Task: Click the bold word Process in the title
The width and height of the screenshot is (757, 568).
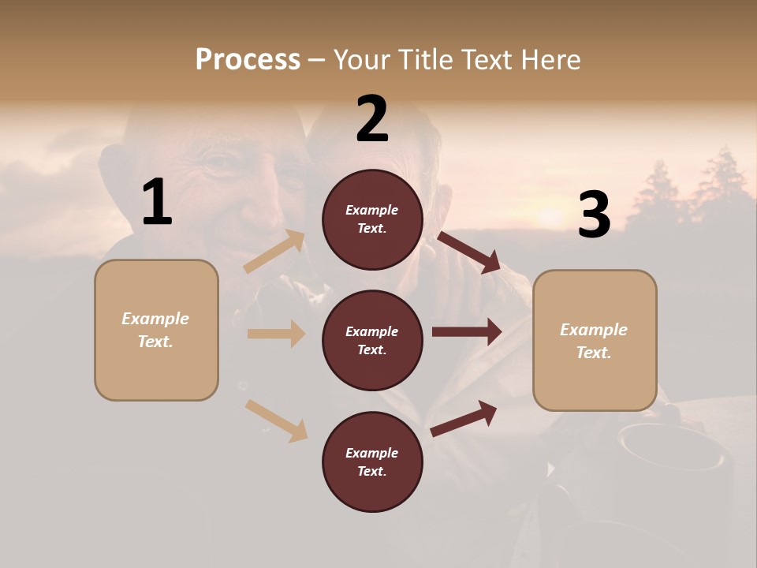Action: pos(248,59)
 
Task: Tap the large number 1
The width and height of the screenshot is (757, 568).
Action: pos(156,203)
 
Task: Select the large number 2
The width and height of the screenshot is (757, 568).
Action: pos(372,119)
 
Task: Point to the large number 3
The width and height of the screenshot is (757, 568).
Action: pos(594,215)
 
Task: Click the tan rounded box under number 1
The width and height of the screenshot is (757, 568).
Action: pos(156,330)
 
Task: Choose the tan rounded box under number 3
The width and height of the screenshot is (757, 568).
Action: pos(595,341)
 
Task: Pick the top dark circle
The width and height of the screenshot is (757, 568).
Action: pos(372,219)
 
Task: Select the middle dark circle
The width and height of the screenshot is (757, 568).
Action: pos(372,340)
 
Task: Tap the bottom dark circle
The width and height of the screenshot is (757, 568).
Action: pos(372,461)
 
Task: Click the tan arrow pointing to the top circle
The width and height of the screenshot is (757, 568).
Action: pos(275,251)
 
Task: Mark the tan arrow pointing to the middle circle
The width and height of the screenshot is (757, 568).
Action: pos(276,334)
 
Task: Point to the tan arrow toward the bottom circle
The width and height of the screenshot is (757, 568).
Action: pos(277,420)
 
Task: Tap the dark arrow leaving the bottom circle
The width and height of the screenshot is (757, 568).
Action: pos(464,418)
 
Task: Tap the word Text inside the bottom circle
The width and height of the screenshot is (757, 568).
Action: pos(371,471)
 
